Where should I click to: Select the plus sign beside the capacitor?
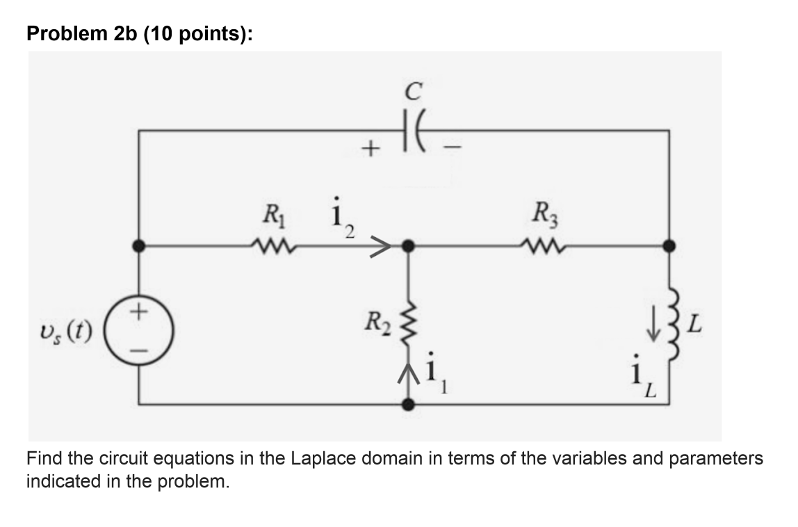[x=373, y=148]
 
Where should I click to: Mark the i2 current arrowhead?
[x=379, y=245]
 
